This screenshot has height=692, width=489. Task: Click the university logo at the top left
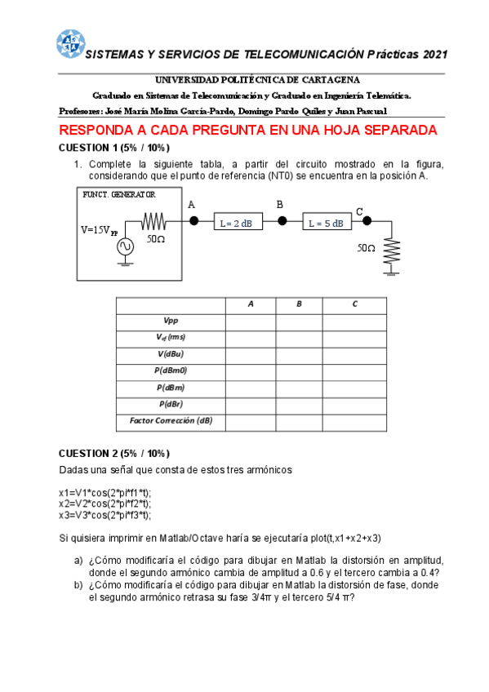[x=69, y=44]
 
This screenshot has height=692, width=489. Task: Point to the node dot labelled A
[x=193, y=220]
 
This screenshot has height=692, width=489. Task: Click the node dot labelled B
[x=282, y=220]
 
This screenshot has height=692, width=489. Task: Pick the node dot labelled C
[x=367, y=220]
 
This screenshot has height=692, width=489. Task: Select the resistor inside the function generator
[x=153, y=221]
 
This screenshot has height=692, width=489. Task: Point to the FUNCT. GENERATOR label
[x=118, y=194]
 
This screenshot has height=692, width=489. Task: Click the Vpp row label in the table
[x=171, y=322]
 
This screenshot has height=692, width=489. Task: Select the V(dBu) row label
[x=171, y=354]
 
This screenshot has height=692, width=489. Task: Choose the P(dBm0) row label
[x=171, y=371]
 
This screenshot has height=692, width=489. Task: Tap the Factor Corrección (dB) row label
[x=171, y=421]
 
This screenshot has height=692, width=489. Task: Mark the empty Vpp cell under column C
[x=354, y=322]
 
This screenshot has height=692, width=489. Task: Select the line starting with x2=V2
[x=105, y=504]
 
